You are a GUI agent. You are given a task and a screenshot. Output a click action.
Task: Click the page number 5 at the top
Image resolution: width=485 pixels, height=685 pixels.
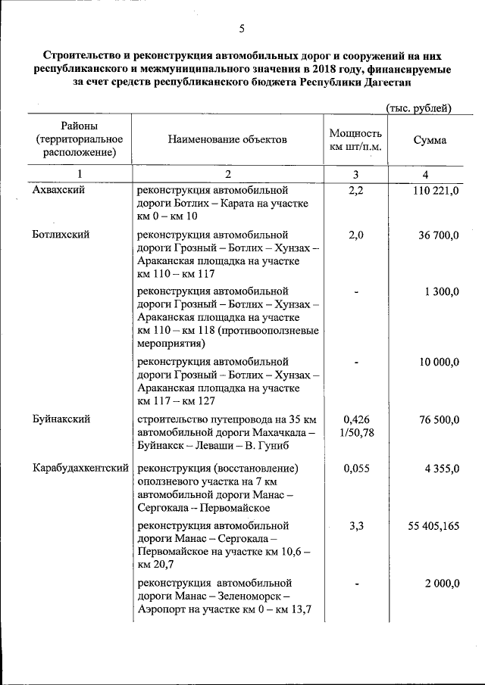coord(242,29)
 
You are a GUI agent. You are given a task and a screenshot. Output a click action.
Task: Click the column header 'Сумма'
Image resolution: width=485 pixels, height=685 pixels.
coord(430,140)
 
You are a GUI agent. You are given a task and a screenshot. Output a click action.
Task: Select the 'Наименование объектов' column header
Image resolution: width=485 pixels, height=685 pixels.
coord(228,140)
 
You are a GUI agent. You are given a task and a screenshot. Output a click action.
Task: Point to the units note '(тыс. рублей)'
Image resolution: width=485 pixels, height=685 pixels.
coord(418,108)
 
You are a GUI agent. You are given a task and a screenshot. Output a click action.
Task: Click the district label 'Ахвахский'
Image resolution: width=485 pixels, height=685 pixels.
coord(58,190)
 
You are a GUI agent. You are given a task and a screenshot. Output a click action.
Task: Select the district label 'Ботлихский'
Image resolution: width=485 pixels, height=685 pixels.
coord(61,235)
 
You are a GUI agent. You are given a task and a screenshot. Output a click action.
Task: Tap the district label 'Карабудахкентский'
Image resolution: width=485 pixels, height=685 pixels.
coord(80,469)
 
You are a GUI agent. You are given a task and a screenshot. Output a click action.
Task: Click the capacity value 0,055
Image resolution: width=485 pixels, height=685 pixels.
coord(356,469)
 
